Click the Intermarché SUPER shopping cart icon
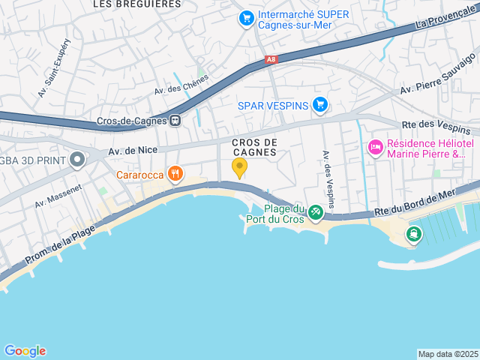click(245, 16)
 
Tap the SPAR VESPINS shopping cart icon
click(320, 104)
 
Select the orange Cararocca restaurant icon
click(175, 175)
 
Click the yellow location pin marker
click(239, 166)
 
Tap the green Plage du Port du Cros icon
click(316, 213)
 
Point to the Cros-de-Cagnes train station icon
click(175, 120)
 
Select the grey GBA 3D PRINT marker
click(77, 159)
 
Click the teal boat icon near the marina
click(413, 234)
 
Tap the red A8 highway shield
click(271, 59)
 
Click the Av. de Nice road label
click(133, 150)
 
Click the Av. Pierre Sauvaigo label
click(439, 73)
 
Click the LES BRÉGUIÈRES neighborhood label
click(136, 4)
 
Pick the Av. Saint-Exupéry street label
click(44, 76)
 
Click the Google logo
click(25, 350)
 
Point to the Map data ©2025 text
click(448, 354)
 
